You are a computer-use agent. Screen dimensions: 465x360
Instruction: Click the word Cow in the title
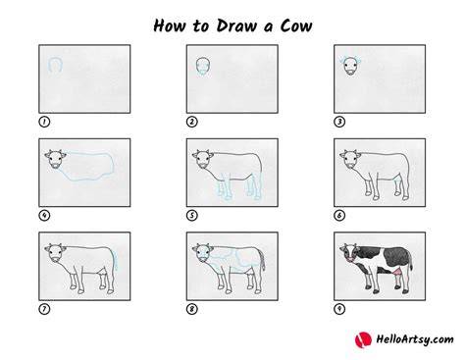tap(296, 26)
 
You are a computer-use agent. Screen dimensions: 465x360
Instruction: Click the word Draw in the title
tap(236, 26)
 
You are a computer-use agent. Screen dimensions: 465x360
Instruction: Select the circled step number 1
tap(44, 122)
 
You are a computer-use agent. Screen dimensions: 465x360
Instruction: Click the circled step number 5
tap(192, 216)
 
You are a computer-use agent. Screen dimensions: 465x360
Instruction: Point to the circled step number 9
tap(339, 309)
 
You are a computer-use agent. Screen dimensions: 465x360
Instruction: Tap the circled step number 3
tap(339, 122)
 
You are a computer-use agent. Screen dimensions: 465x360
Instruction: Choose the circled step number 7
tap(44, 309)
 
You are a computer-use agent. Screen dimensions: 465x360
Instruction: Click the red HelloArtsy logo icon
tap(363, 339)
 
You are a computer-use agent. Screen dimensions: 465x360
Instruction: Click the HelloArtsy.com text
tap(415, 339)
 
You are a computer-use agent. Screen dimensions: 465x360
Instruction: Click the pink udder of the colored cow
tap(398, 272)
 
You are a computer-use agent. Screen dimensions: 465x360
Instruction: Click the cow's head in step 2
tap(203, 67)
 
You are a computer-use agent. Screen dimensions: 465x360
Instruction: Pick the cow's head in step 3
tap(350, 66)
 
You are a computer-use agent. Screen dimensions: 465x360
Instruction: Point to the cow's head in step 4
tap(55, 159)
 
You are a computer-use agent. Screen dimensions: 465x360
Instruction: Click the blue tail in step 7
tap(116, 259)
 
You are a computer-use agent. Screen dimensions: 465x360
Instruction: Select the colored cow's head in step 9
tap(349, 253)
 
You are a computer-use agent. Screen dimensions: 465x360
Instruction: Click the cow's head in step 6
tap(350, 159)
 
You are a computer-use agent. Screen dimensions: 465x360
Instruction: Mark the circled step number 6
tap(339, 216)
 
